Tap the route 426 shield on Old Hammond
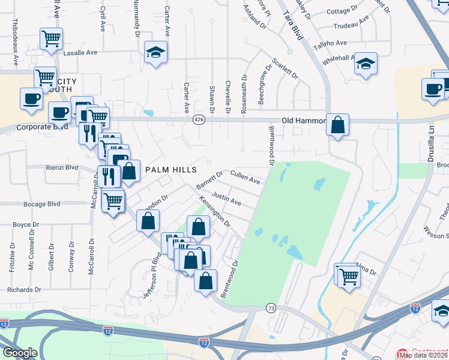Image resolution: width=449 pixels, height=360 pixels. [198, 120]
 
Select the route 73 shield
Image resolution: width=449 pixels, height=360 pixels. [271, 308]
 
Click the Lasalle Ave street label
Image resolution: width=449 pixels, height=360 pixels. [80, 53]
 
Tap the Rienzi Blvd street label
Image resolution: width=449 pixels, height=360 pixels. [62, 167]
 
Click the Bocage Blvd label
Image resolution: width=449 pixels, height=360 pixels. [42, 204]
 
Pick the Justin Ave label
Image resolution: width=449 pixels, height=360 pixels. [227, 199]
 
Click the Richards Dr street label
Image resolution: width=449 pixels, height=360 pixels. [25, 289]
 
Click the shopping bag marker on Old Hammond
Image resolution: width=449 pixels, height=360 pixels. [338, 125]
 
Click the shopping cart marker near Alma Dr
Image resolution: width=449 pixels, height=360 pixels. [348, 277]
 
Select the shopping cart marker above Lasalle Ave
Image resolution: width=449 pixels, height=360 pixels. [52, 38]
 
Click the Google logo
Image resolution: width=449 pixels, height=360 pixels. [20, 353]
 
